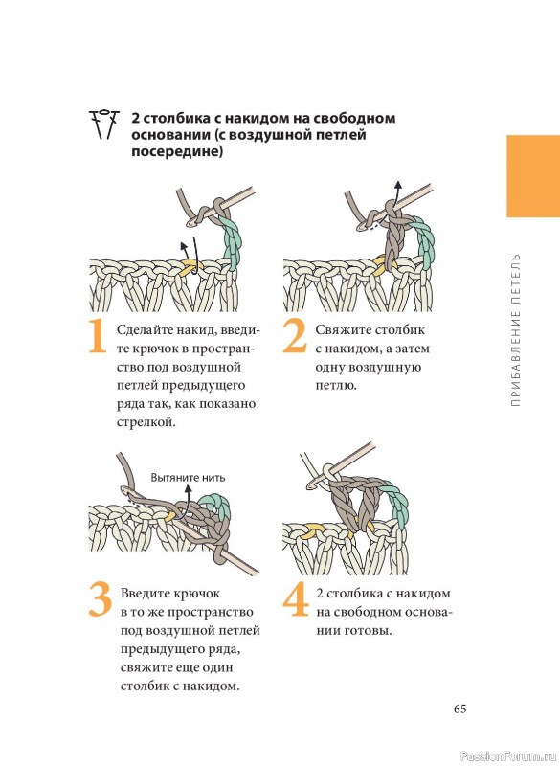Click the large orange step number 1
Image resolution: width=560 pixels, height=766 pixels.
pyautogui.click(x=98, y=336)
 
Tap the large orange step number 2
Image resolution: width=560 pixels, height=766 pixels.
pyautogui.click(x=295, y=336)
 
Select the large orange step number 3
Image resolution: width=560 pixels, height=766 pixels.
pyautogui.click(x=101, y=599)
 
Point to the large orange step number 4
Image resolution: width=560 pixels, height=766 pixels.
pyautogui.click(x=296, y=599)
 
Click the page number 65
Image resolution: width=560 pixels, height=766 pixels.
pyautogui.click(x=459, y=709)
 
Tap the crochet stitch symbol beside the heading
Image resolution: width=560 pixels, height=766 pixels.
pyautogui.click(x=104, y=124)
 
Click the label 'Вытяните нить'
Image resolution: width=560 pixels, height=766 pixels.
pyautogui.click(x=188, y=477)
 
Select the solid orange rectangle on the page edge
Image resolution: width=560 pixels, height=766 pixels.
pyautogui.click(x=533, y=176)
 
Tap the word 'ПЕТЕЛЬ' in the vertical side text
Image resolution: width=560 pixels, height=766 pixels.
pyautogui.click(x=516, y=278)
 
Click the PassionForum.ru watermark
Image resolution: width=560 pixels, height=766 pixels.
pyautogui.click(x=509, y=756)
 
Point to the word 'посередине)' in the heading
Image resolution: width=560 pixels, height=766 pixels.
pyautogui.click(x=177, y=152)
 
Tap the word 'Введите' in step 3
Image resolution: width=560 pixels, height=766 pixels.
pyautogui.click(x=145, y=594)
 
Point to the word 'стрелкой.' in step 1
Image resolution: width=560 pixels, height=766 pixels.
pyautogui.click(x=146, y=422)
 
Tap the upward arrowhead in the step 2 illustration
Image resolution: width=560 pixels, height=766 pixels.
pyautogui.click(x=398, y=186)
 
